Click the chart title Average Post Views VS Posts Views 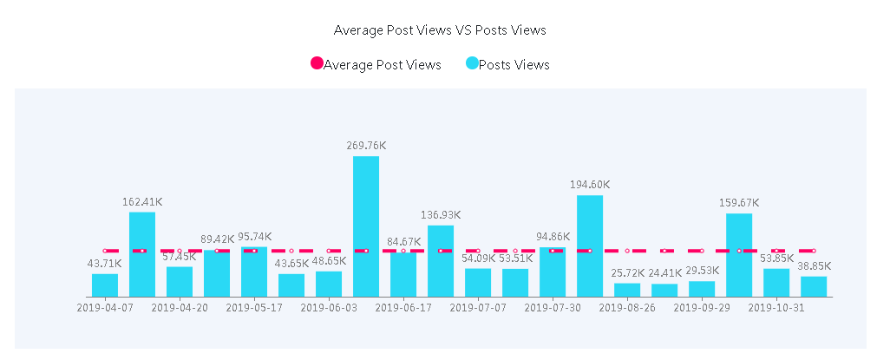[x=440, y=29]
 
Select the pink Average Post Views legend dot [x=317, y=63]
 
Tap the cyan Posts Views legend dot [x=472, y=63]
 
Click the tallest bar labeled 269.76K [x=366, y=226]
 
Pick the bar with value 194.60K [x=590, y=245]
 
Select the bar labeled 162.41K [x=142, y=254]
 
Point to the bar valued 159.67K [x=739, y=255]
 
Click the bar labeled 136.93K [x=441, y=261]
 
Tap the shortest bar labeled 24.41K [x=664, y=290]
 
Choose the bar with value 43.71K [x=105, y=285]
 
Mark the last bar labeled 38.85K [x=814, y=286]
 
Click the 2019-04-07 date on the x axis [x=105, y=307]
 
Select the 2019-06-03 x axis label [x=329, y=307]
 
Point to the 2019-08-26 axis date [x=627, y=307]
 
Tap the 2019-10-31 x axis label [x=776, y=307]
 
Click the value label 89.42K [x=217, y=239]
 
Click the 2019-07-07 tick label [x=478, y=307]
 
